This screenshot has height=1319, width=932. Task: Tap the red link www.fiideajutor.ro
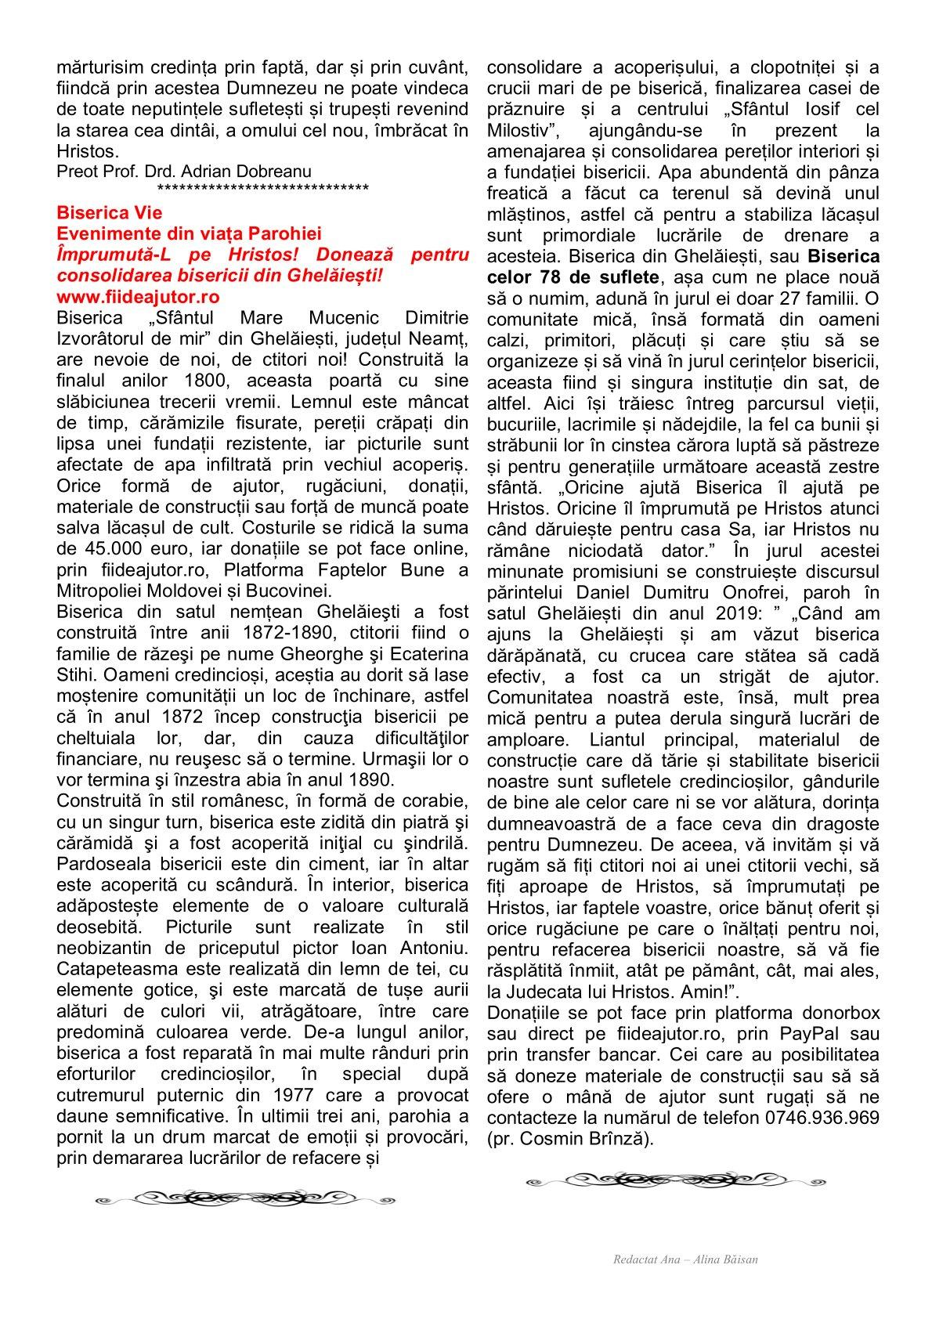point(138,297)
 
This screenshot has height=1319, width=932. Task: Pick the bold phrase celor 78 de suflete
point(576,276)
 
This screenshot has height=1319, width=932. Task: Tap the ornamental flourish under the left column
point(245,1197)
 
